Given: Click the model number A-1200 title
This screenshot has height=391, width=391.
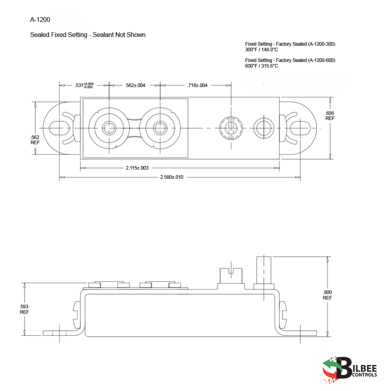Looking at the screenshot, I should coord(40,20).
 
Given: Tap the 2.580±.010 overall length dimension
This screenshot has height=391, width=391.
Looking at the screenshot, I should coord(172,177).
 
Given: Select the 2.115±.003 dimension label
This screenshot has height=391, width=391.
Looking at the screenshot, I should coord(137,168).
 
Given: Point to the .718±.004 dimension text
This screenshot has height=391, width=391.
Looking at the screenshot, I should coord(197,85).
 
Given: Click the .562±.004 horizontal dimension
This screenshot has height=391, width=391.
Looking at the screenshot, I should coord(135,85).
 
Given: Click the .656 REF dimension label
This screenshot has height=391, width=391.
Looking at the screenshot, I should coord(330,115).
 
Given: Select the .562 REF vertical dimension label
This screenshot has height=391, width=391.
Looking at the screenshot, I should coord(35,140).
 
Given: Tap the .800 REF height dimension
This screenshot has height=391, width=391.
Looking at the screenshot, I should coord(327,295).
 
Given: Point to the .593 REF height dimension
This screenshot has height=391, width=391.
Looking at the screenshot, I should coord(24,309).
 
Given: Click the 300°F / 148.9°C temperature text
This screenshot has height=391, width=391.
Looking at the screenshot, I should coord(261,50).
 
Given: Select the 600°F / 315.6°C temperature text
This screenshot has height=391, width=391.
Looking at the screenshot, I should coord(261,66).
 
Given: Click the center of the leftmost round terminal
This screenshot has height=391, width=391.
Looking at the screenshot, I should coord(109,128).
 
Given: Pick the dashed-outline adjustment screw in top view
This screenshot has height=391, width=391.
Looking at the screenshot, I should coord(230,128).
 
